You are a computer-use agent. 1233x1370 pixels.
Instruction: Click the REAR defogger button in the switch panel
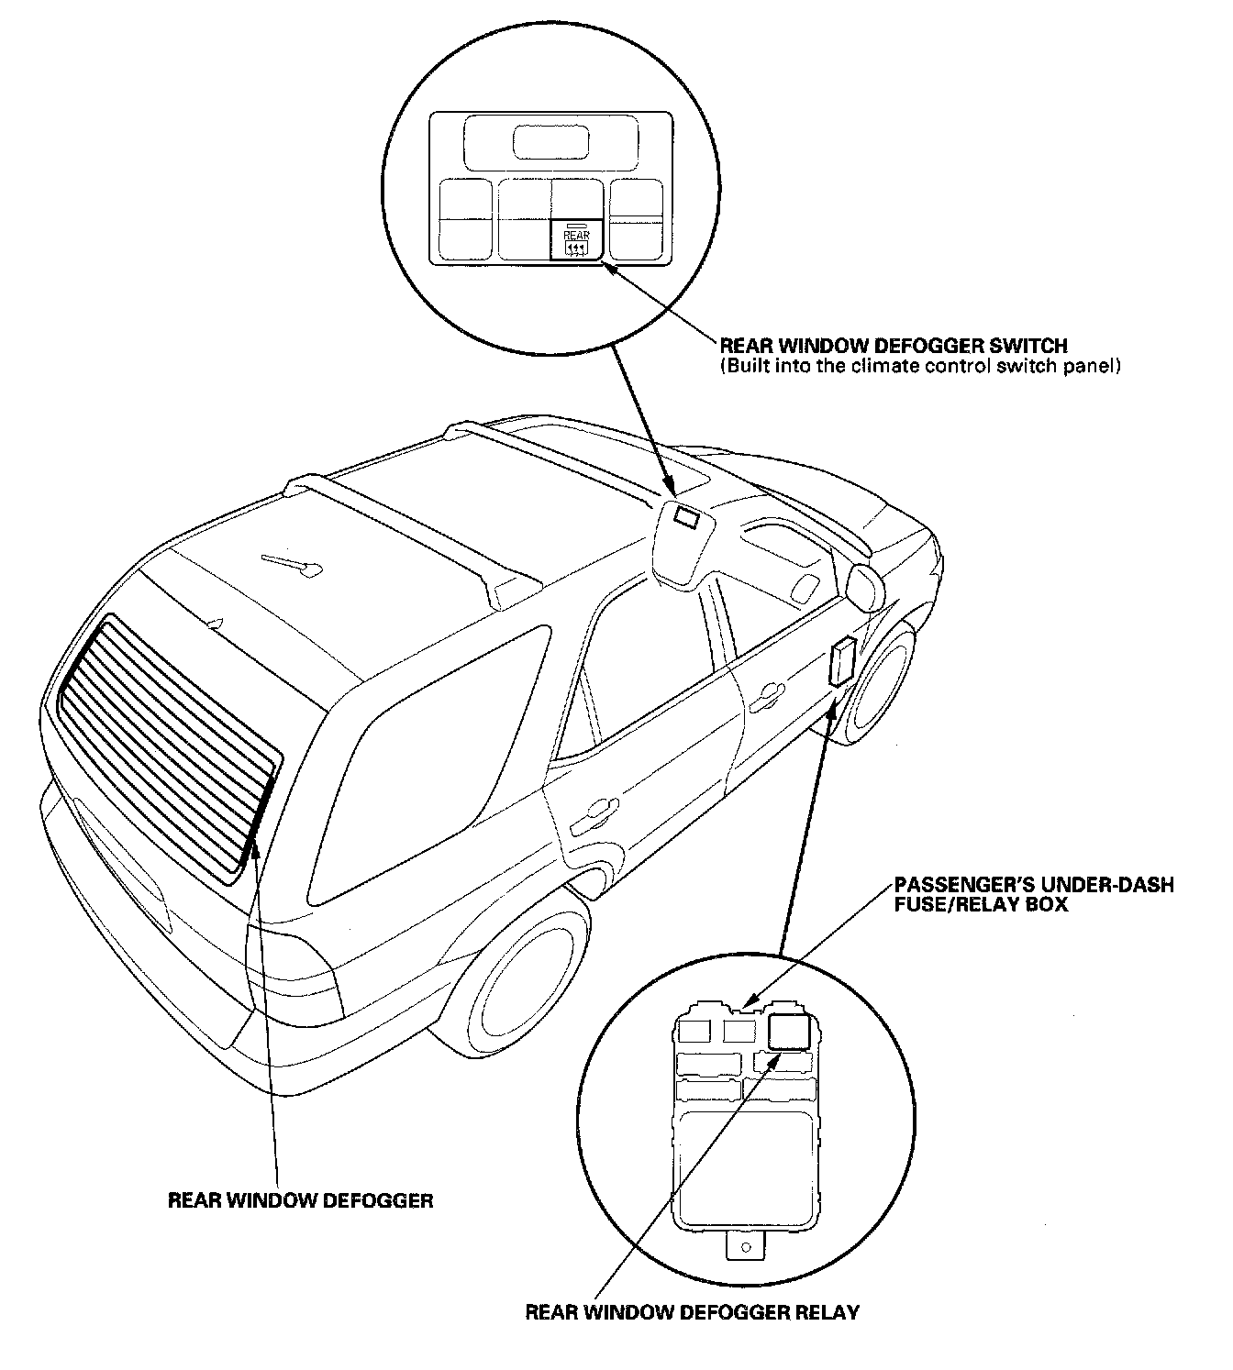click(x=577, y=241)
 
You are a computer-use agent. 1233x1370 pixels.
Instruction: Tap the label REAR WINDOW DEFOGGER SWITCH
click(x=893, y=346)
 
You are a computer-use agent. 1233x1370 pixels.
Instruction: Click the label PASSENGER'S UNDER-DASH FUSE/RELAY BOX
click(x=1034, y=895)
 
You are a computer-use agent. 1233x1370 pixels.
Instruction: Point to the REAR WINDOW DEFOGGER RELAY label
click(x=692, y=1312)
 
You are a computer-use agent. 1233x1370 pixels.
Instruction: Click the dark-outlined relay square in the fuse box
click(x=789, y=1033)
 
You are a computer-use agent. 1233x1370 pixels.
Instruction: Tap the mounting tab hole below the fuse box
click(x=746, y=1247)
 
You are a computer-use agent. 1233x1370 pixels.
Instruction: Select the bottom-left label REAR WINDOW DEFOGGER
click(x=300, y=1200)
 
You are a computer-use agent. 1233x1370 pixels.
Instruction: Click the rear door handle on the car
click(x=594, y=810)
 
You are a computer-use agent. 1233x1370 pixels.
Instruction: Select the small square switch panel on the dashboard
click(x=687, y=519)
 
